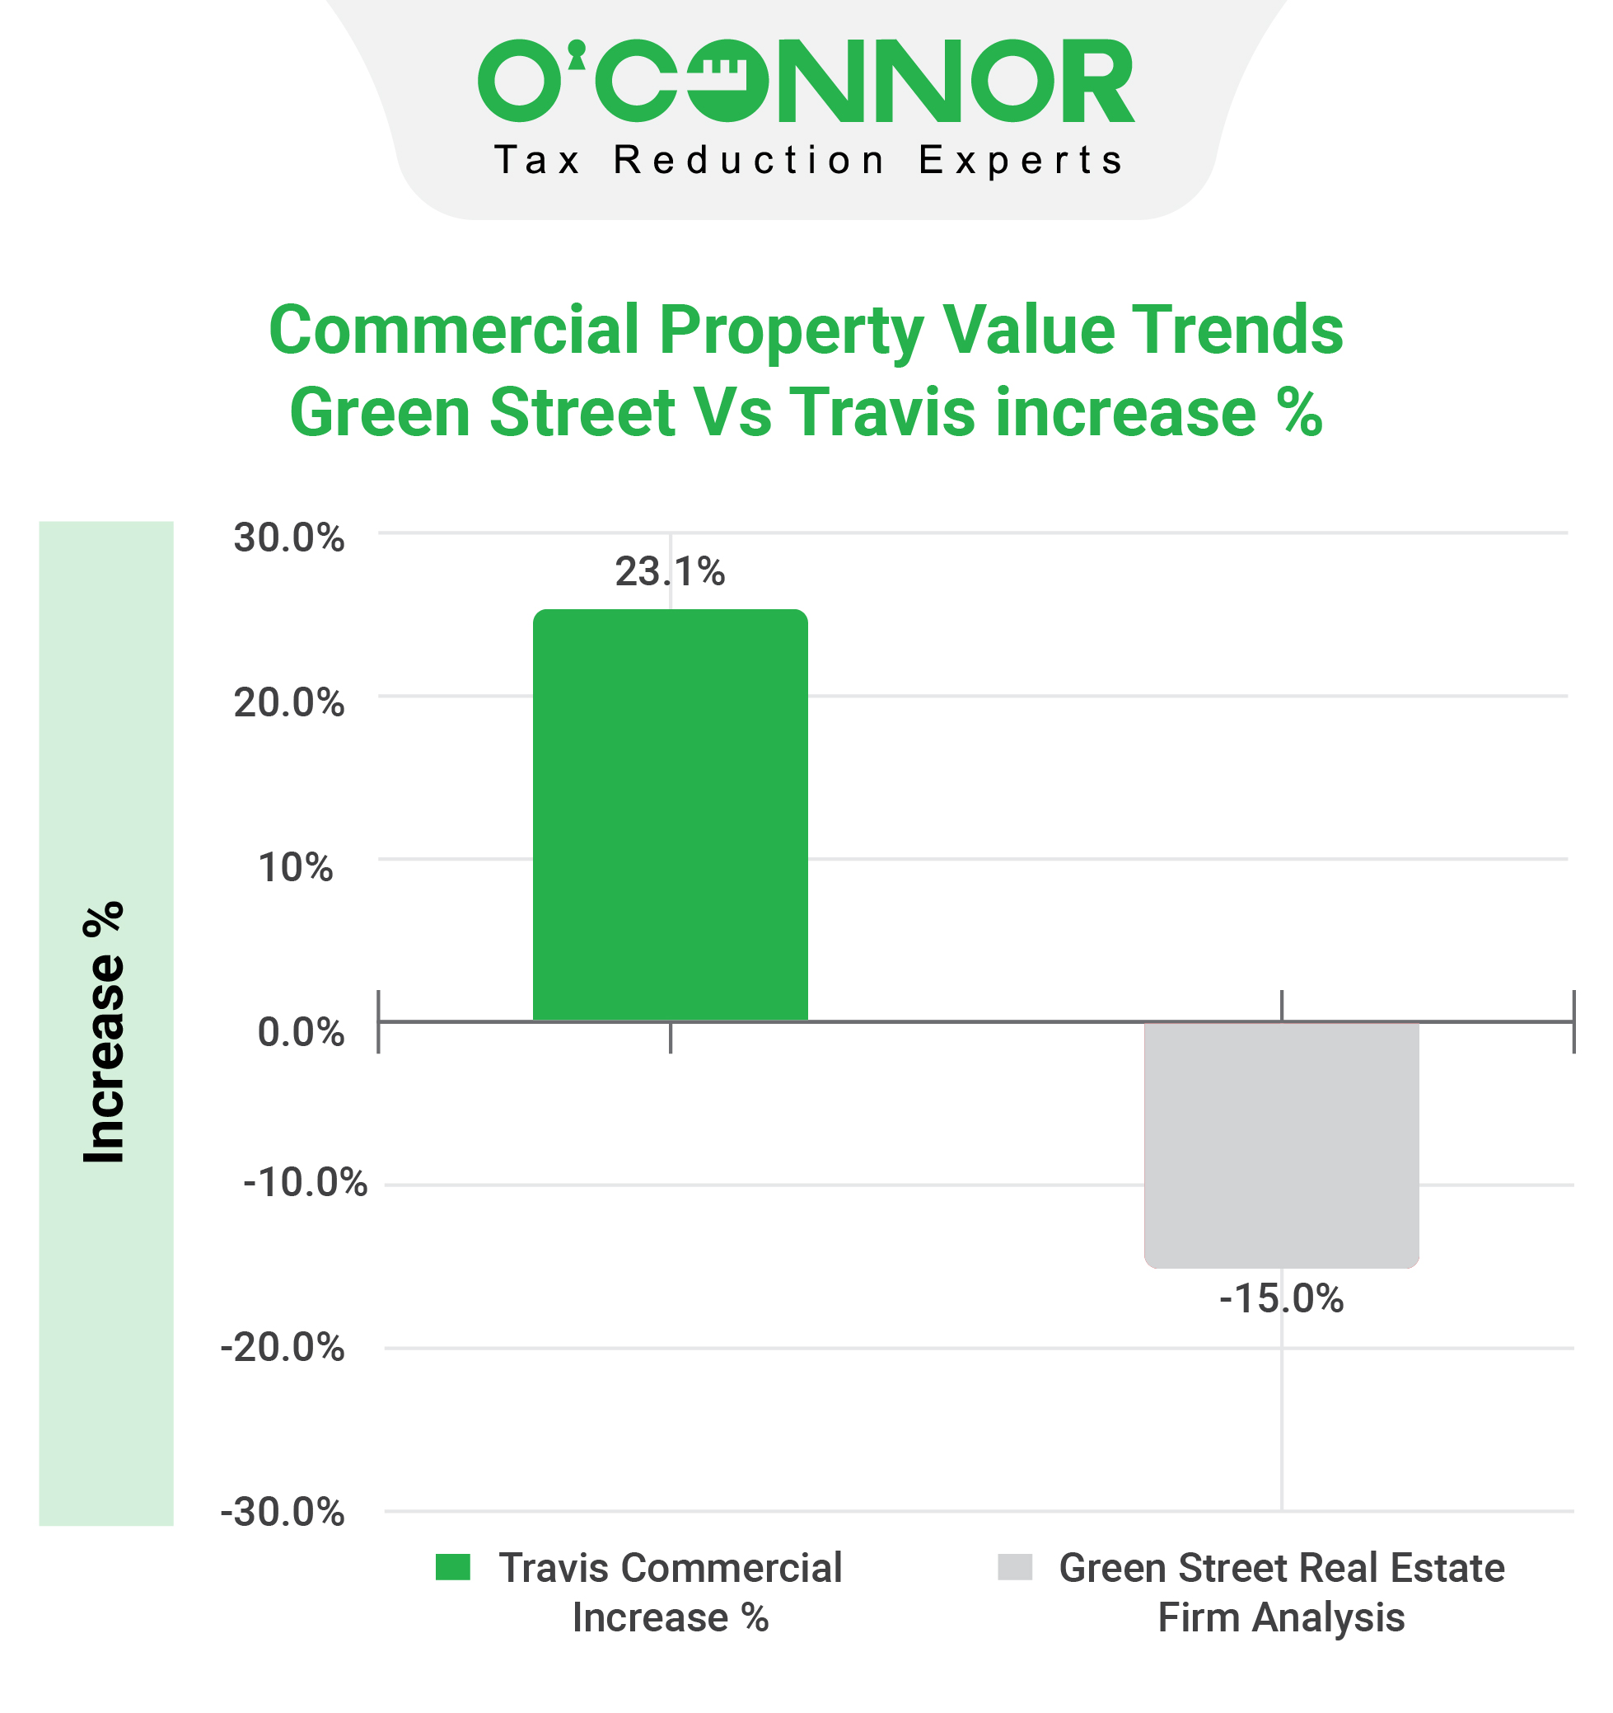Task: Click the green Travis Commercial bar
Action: point(670,814)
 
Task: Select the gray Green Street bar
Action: point(1280,1144)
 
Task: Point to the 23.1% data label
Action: point(670,572)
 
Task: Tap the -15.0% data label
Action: point(1280,1298)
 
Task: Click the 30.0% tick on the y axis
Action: point(288,537)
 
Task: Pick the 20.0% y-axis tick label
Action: point(288,703)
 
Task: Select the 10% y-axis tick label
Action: point(295,867)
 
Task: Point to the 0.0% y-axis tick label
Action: point(301,1031)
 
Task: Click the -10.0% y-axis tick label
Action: point(305,1182)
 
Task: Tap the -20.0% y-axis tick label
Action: point(283,1347)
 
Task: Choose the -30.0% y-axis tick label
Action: point(283,1512)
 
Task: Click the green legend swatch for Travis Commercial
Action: point(453,1567)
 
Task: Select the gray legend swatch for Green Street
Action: point(1014,1567)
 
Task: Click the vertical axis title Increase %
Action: point(104,1032)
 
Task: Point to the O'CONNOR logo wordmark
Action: point(806,80)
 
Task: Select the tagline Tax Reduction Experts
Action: point(808,161)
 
